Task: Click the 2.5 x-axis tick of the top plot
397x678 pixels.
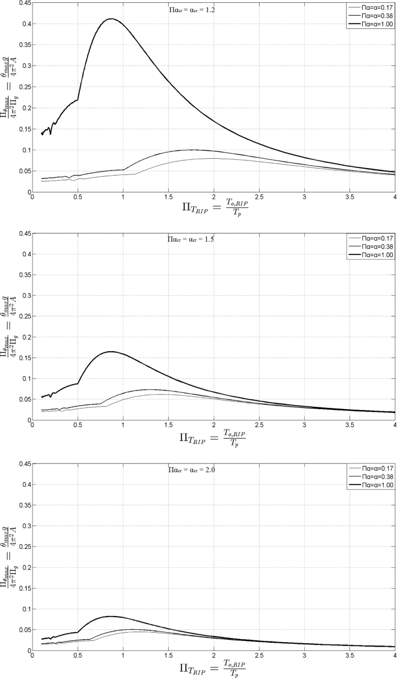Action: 259,198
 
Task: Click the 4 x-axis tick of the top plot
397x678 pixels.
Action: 395,198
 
